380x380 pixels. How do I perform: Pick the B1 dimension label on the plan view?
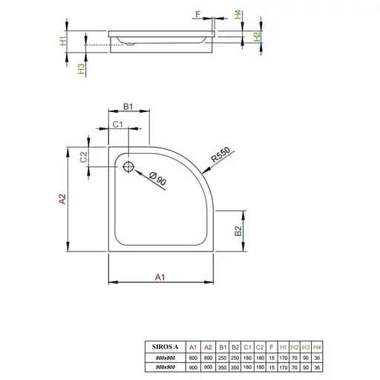point(127,108)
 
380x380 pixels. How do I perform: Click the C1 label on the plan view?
point(117,125)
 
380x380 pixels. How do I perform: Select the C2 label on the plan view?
point(84,157)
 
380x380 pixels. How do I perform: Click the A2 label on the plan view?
point(63,199)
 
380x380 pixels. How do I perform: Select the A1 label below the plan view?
point(159,277)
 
